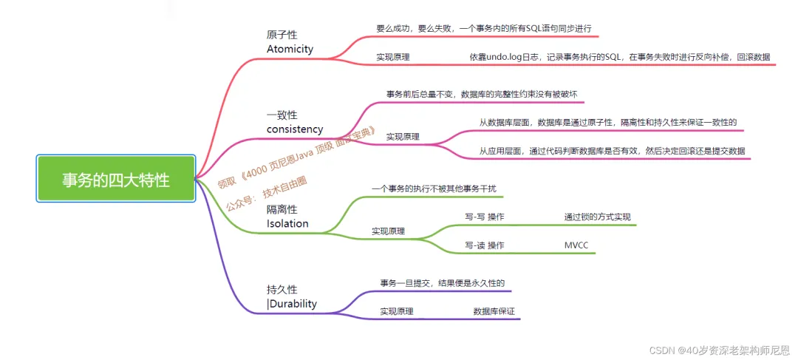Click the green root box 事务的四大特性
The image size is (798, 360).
point(116,178)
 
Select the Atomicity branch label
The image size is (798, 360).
point(290,49)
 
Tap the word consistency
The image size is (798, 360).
point(295,129)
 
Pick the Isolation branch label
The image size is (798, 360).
point(287,223)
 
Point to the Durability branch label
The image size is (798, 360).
point(293,303)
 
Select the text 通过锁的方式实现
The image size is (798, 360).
point(597,217)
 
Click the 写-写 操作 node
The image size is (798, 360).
point(485,217)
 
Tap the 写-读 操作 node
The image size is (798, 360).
point(485,245)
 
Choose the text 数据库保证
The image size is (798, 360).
point(494,312)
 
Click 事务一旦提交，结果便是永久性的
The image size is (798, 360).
point(442,283)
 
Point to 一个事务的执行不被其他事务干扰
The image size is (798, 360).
point(434,189)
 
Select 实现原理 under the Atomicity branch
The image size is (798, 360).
point(393,57)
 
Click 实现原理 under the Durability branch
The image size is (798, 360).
point(397,312)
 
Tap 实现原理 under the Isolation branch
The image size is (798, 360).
point(388,231)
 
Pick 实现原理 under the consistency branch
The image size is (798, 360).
point(403,137)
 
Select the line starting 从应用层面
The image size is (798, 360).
point(612,151)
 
